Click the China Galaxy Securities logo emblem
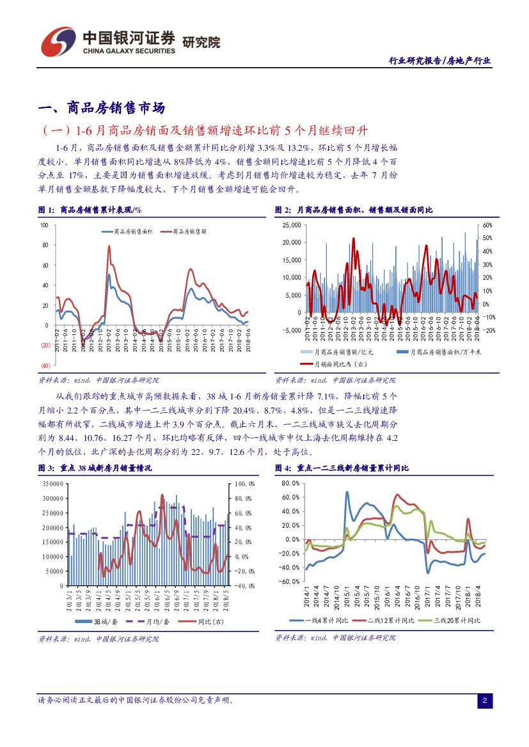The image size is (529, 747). pyautogui.click(x=58, y=42)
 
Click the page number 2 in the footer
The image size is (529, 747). pyautogui.click(x=484, y=701)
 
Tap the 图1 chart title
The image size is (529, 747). pyautogui.click(x=90, y=209)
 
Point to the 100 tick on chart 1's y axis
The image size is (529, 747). pyautogui.click(x=43, y=225)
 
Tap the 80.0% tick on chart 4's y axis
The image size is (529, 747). pyautogui.click(x=290, y=483)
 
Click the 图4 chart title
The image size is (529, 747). pyautogui.click(x=342, y=468)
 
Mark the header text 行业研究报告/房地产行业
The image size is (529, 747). pyautogui.click(x=440, y=61)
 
